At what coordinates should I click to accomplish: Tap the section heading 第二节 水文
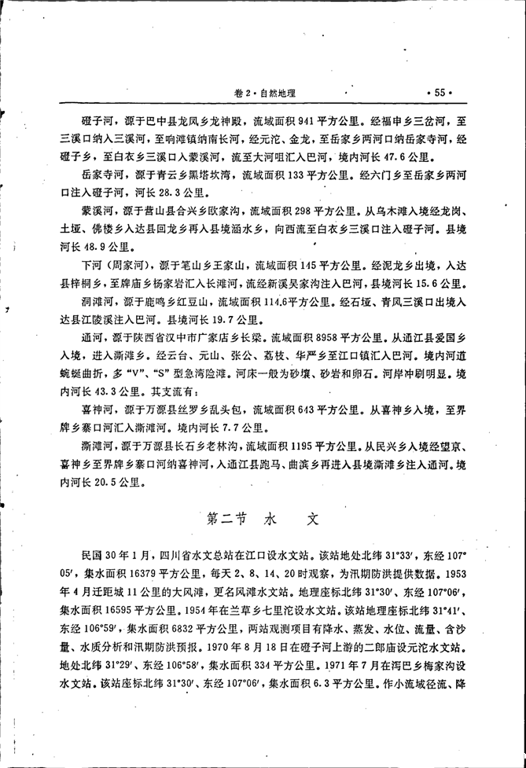tap(263, 520)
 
